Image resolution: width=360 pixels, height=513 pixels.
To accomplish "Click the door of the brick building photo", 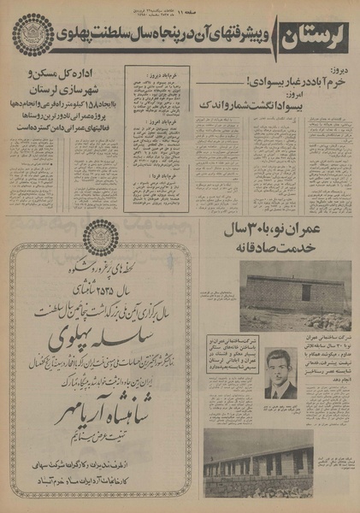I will (305, 292).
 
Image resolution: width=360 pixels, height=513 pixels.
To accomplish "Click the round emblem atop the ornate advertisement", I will (104, 239).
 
